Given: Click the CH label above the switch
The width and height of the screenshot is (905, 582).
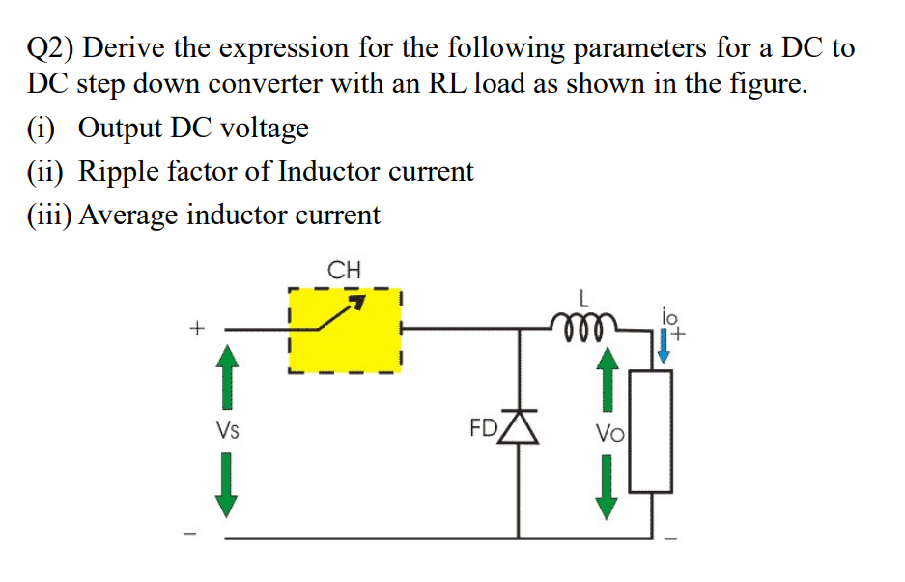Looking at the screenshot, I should pyautogui.click(x=344, y=270).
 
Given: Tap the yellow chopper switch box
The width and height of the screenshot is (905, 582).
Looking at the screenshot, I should pyautogui.click(x=345, y=330).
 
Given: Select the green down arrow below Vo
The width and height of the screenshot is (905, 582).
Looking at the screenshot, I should pyautogui.click(x=607, y=487).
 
